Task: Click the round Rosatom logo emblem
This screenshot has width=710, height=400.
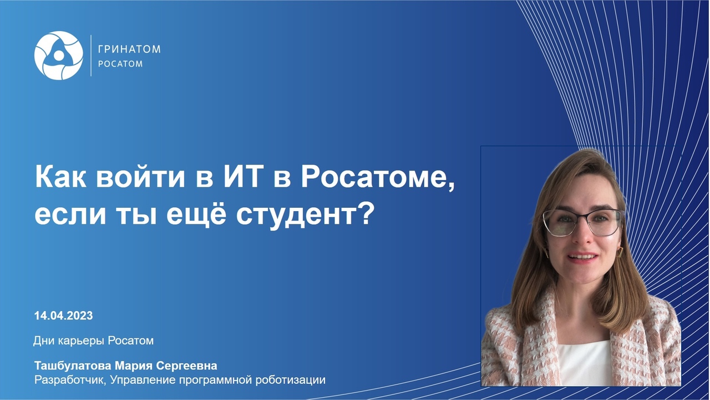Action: (59, 56)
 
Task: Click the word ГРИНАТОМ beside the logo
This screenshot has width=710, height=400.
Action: (129, 49)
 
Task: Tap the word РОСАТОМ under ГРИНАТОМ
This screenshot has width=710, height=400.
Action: (120, 64)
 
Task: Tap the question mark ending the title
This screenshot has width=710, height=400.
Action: (364, 213)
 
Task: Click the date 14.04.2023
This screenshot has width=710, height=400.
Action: (63, 316)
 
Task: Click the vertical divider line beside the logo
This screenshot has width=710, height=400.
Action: (91, 56)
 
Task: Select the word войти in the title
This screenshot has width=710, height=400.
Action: (140, 177)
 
